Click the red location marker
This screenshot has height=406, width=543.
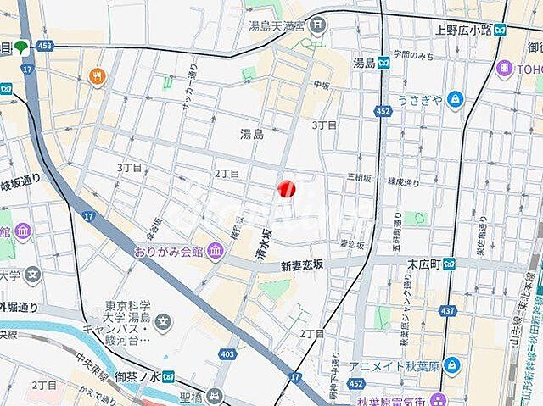[x=287, y=189]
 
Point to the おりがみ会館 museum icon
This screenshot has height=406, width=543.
[x=215, y=251]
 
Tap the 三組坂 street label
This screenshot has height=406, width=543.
[x=360, y=177]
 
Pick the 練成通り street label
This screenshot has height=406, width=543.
[x=404, y=182]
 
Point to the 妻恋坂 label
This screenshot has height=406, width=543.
[x=351, y=244]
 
